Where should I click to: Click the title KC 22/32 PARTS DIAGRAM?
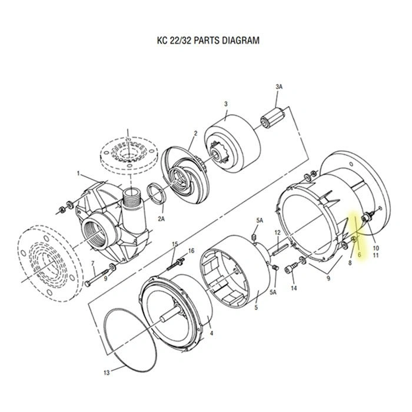click(x=205, y=41)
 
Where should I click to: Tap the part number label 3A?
click(x=279, y=87)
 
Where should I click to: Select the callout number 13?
click(x=106, y=373)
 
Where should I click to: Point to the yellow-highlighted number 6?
click(x=358, y=255)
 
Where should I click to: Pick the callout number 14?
click(x=294, y=288)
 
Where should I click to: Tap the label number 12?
click(x=278, y=233)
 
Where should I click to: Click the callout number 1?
click(x=78, y=173)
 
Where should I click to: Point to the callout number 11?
click(x=376, y=255)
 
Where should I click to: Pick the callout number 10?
click(x=376, y=248)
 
